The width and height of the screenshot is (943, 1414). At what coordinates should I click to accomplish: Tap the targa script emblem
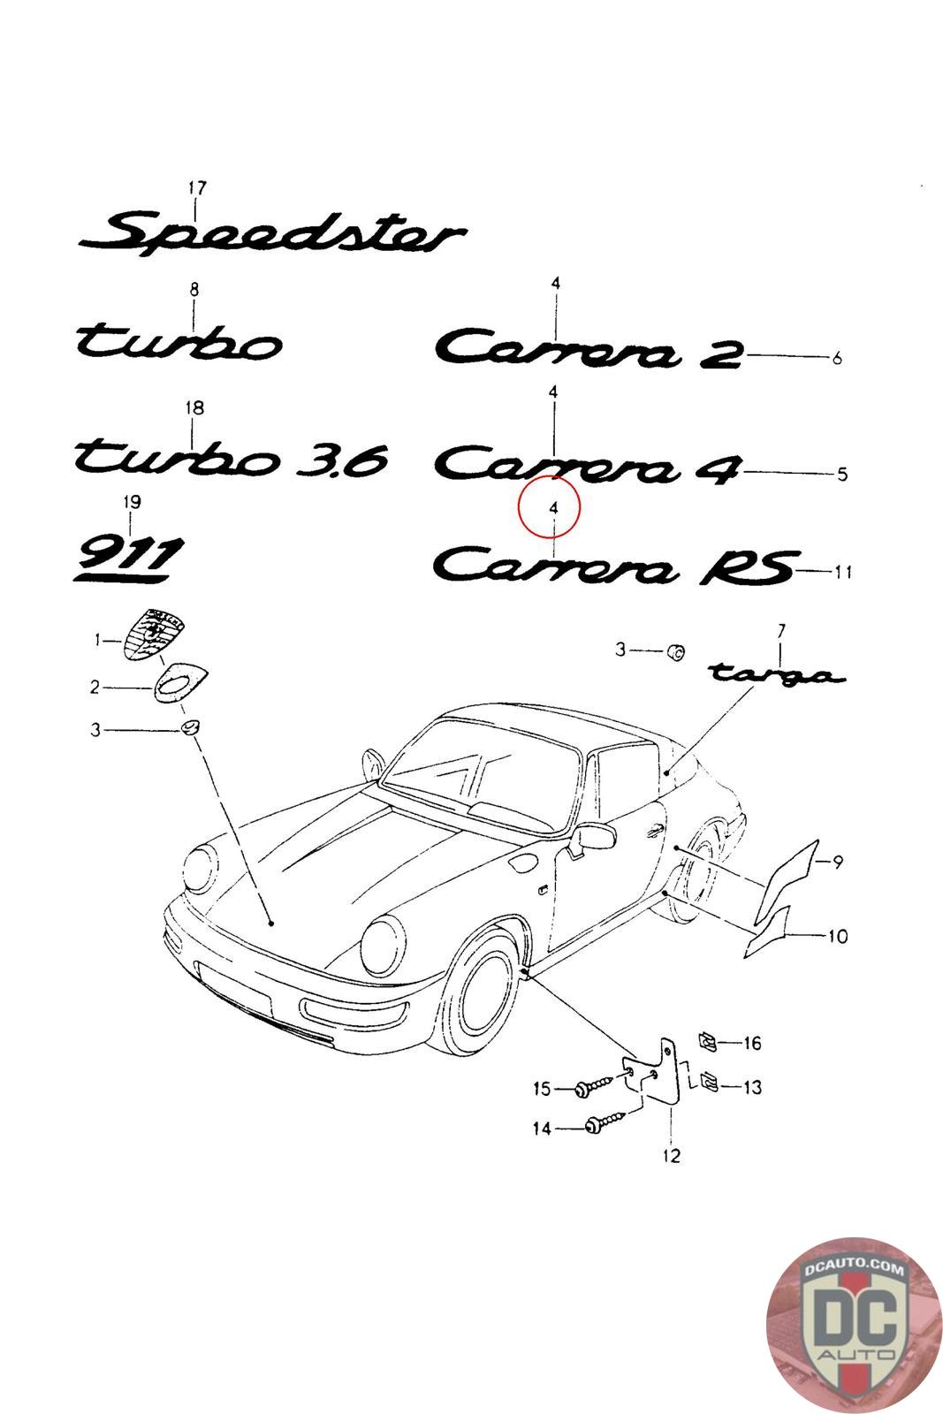point(776,674)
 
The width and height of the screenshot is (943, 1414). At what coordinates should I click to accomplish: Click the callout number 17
point(197,188)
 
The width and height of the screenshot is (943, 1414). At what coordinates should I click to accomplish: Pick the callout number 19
point(132,502)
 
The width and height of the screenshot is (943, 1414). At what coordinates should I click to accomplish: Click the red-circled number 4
point(553,508)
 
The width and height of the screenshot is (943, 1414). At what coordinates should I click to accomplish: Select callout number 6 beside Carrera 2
point(836,358)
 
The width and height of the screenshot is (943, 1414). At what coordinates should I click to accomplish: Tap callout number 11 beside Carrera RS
point(842,573)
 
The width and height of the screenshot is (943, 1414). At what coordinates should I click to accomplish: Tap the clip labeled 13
point(709,1080)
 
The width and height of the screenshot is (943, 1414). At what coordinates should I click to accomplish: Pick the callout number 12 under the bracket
point(672,1155)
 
